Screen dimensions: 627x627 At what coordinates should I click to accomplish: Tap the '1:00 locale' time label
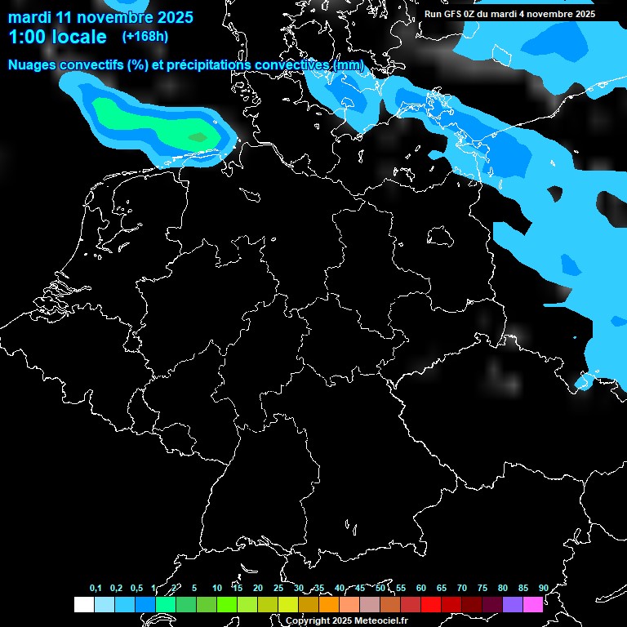click(x=57, y=37)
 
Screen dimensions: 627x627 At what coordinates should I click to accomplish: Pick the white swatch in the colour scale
click(x=84, y=605)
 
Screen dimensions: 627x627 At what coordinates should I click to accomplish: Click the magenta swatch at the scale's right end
click(x=533, y=605)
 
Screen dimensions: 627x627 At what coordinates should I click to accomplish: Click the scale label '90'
click(x=544, y=588)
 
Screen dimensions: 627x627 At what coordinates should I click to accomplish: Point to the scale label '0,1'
click(x=96, y=588)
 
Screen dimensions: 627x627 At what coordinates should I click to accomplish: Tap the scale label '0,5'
click(x=136, y=588)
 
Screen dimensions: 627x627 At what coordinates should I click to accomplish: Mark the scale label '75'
click(x=482, y=588)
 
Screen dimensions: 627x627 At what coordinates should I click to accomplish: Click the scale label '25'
click(x=278, y=588)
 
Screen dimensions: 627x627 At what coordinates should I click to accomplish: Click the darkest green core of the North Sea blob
click(x=198, y=137)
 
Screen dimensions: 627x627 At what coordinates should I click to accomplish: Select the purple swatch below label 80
click(x=513, y=605)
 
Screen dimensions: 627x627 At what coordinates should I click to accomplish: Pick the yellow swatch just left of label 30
click(x=288, y=605)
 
